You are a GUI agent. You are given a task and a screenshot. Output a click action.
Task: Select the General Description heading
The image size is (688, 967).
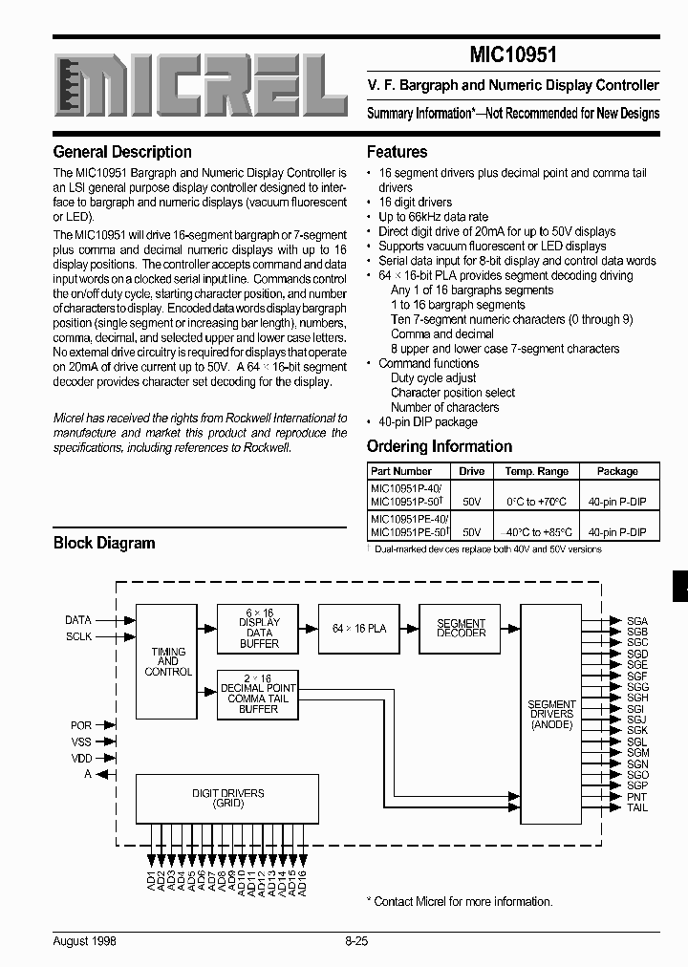pyautogui.click(x=122, y=152)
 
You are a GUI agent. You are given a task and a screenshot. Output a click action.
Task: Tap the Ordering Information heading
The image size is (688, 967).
pyautogui.click(x=439, y=446)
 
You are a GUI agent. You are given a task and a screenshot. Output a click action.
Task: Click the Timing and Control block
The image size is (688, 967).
pyautogui.click(x=167, y=662)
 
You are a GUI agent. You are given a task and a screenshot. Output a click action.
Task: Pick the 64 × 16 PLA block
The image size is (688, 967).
pyautogui.click(x=358, y=628)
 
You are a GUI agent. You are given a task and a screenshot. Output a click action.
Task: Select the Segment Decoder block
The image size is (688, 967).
pyautogui.click(x=461, y=628)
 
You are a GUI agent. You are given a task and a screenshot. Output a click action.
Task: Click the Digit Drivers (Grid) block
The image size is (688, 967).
pyautogui.click(x=227, y=798)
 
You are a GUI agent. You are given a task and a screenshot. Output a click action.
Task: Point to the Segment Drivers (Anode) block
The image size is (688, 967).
pyautogui.click(x=551, y=714)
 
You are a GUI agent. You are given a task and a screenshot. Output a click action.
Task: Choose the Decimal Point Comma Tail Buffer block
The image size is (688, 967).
pyautogui.click(x=258, y=698)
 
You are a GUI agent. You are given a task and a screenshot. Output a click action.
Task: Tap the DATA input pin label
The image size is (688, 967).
pyautogui.click(x=78, y=620)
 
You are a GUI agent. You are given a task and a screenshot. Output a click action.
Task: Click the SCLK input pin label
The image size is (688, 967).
pyautogui.click(x=78, y=636)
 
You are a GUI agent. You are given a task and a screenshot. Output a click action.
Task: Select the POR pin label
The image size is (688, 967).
pyautogui.click(x=81, y=725)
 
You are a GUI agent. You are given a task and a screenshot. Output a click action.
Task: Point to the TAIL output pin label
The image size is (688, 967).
pyautogui.click(x=637, y=808)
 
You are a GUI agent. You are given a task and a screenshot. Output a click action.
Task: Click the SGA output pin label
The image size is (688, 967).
pyautogui.click(x=637, y=621)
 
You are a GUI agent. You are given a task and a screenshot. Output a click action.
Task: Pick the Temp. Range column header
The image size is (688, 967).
pyautogui.click(x=536, y=471)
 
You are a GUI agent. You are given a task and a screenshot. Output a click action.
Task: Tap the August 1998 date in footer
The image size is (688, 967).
pyautogui.click(x=85, y=940)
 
